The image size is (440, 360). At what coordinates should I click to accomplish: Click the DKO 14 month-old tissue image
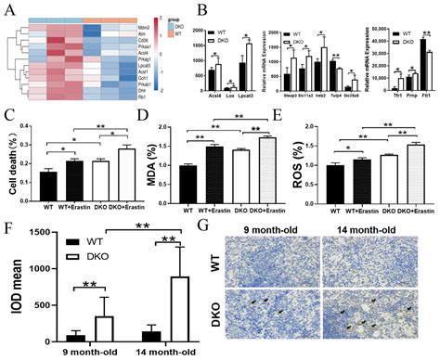pyautogui.click(x=373, y=324)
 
